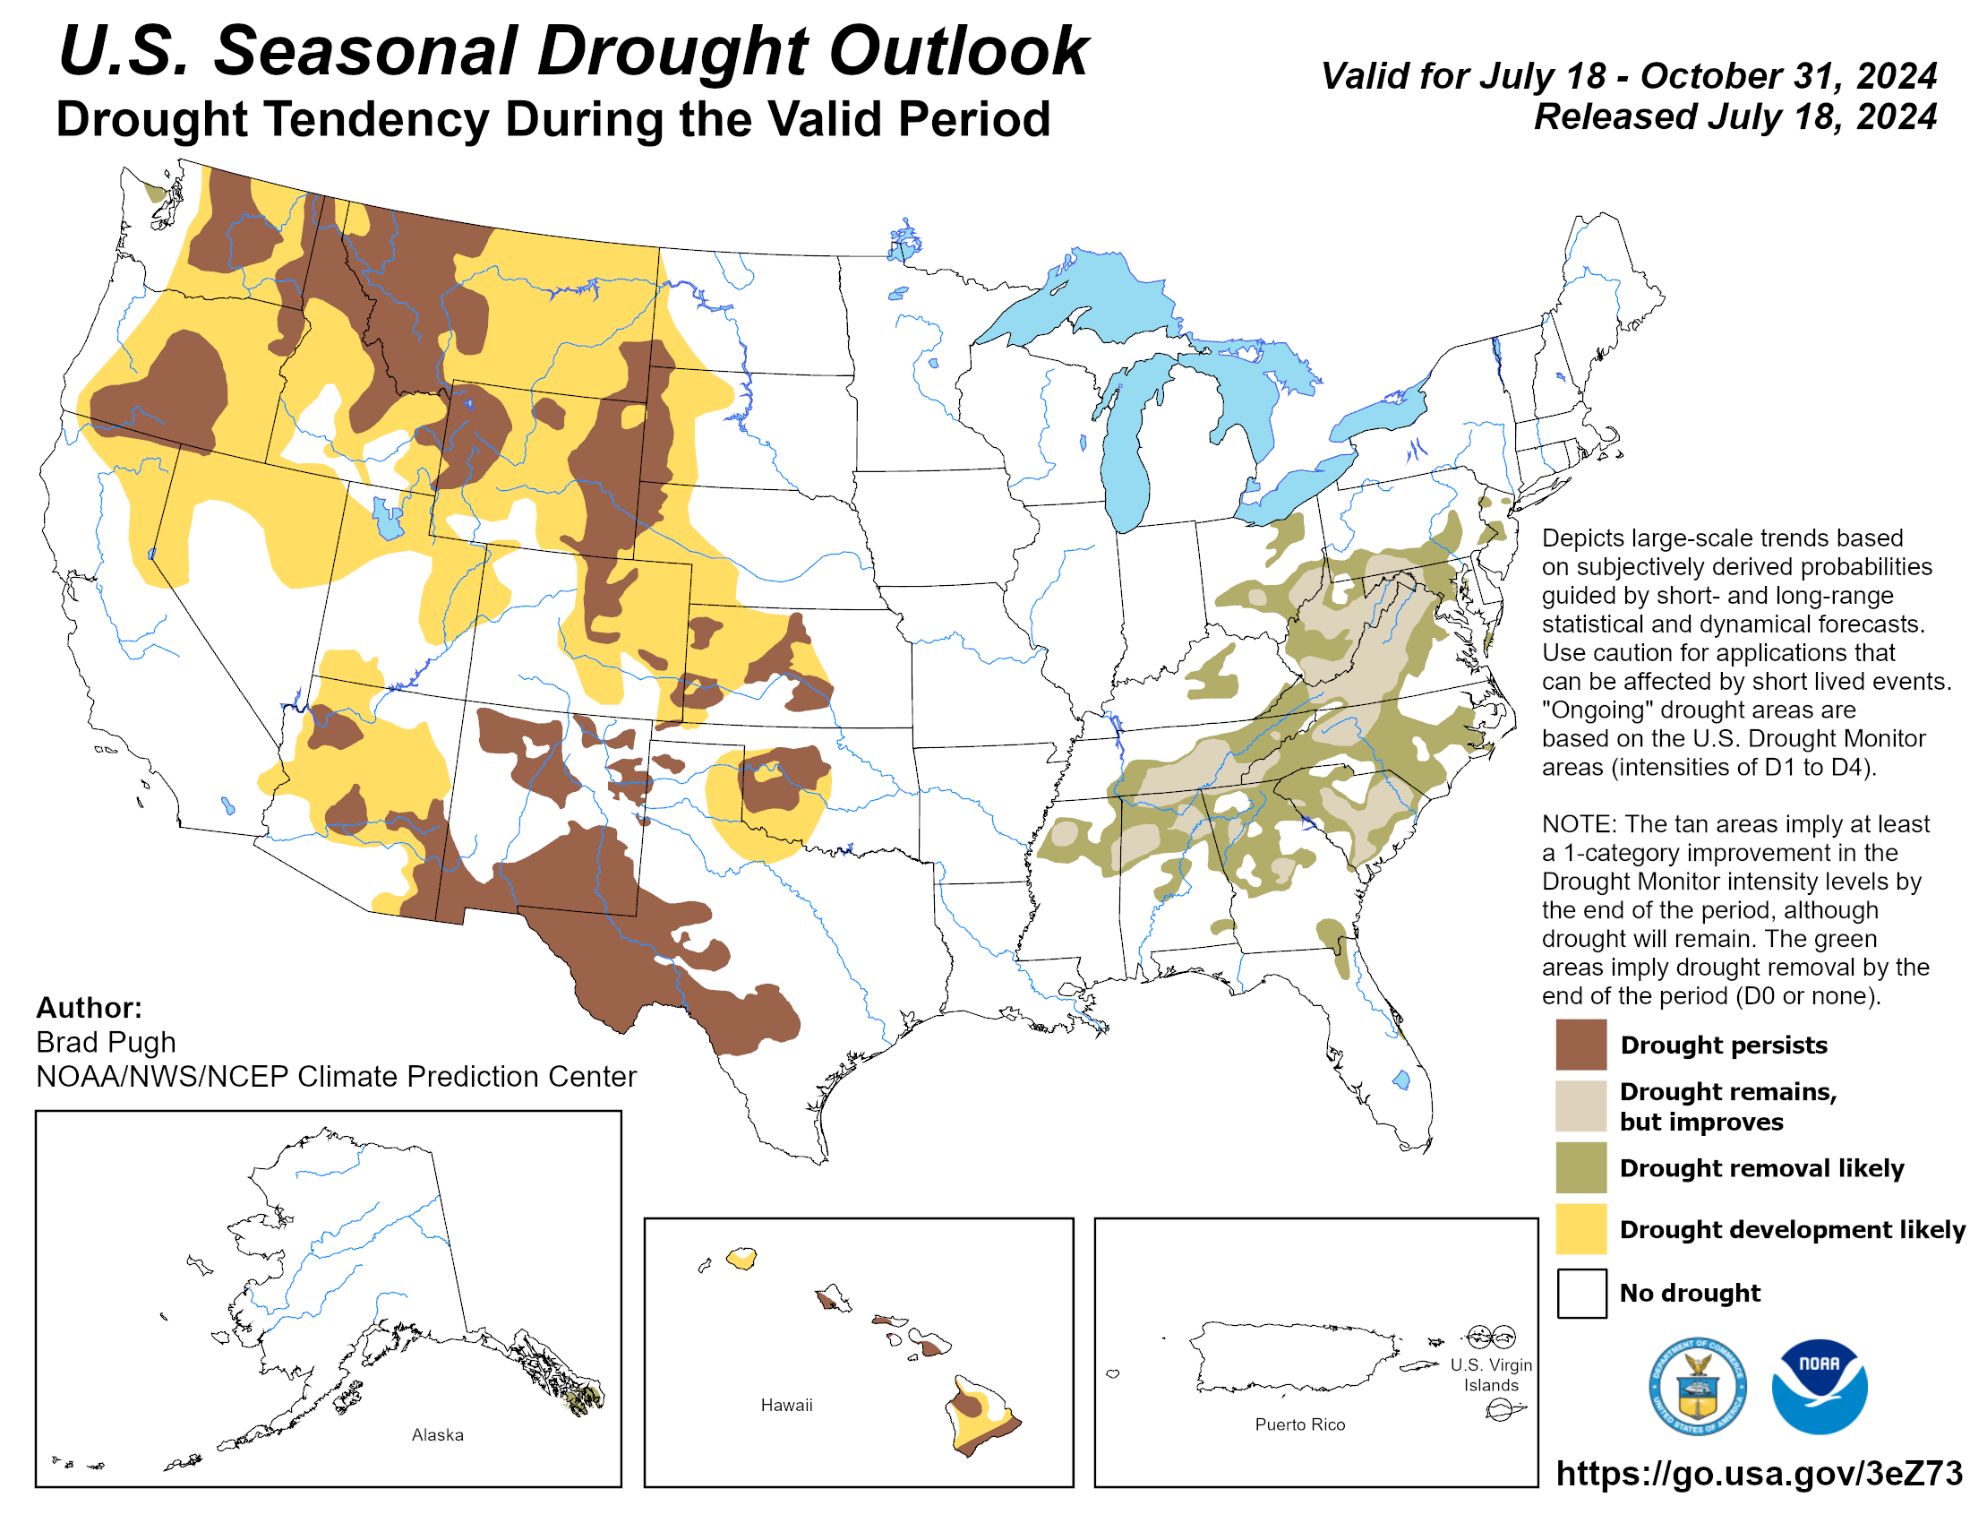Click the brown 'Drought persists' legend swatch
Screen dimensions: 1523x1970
pyautogui.click(x=1580, y=1044)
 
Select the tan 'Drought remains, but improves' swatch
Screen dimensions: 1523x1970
pyautogui.click(x=1580, y=1106)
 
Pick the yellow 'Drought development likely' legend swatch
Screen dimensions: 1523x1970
pyautogui.click(x=1580, y=1228)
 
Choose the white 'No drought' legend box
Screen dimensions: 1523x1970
pyautogui.click(x=1580, y=1292)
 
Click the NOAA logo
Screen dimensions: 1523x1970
pyautogui.click(x=1819, y=1386)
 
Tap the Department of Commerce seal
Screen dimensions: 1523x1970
pyautogui.click(x=1697, y=1386)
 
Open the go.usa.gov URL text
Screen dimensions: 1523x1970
pyautogui.click(x=1758, y=1473)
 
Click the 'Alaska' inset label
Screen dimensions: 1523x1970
pyautogui.click(x=438, y=1434)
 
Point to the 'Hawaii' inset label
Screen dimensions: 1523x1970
pyautogui.click(x=785, y=1405)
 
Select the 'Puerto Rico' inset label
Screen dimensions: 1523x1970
pyautogui.click(x=1299, y=1424)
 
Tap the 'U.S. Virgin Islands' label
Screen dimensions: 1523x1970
pyautogui.click(x=1490, y=1374)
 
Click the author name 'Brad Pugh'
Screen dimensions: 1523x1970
pyautogui.click(x=106, y=1042)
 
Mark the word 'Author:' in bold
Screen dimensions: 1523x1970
pyautogui.click(x=89, y=1007)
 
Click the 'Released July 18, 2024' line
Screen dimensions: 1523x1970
pyautogui.click(x=1734, y=116)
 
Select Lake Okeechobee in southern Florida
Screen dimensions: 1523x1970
pyautogui.click(x=1400, y=1080)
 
